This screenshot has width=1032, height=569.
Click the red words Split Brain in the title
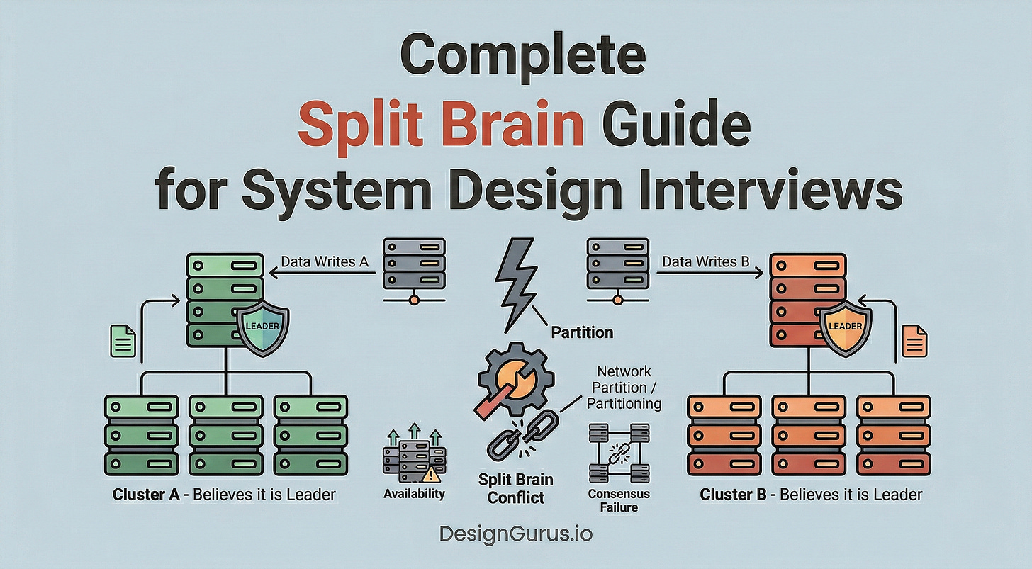pos(441,125)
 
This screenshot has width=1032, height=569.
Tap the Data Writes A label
pos(325,261)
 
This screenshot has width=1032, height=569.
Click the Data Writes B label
pos(705,261)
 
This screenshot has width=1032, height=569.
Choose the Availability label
pos(415,493)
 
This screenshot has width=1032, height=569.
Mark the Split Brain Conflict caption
pos(516,488)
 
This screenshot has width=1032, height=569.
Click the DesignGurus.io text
pos(515,534)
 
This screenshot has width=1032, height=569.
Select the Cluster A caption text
pos(224,494)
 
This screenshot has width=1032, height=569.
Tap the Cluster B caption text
pos(811,494)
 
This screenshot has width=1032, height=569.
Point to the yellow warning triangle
pos(431,473)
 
